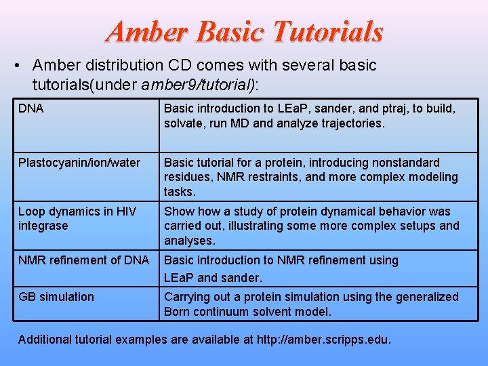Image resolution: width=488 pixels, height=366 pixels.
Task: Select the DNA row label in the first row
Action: [x=31, y=108]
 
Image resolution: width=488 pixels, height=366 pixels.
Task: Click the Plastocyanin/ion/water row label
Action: [x=79, y=163]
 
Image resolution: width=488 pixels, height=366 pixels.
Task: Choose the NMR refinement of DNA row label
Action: [x=84, y=260]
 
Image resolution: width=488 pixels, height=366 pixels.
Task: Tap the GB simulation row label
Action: [x=56, y=297]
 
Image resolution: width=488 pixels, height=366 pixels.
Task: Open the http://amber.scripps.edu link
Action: [x=323, y=340]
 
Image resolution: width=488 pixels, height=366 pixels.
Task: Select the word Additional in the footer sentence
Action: [x=45, y=340]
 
